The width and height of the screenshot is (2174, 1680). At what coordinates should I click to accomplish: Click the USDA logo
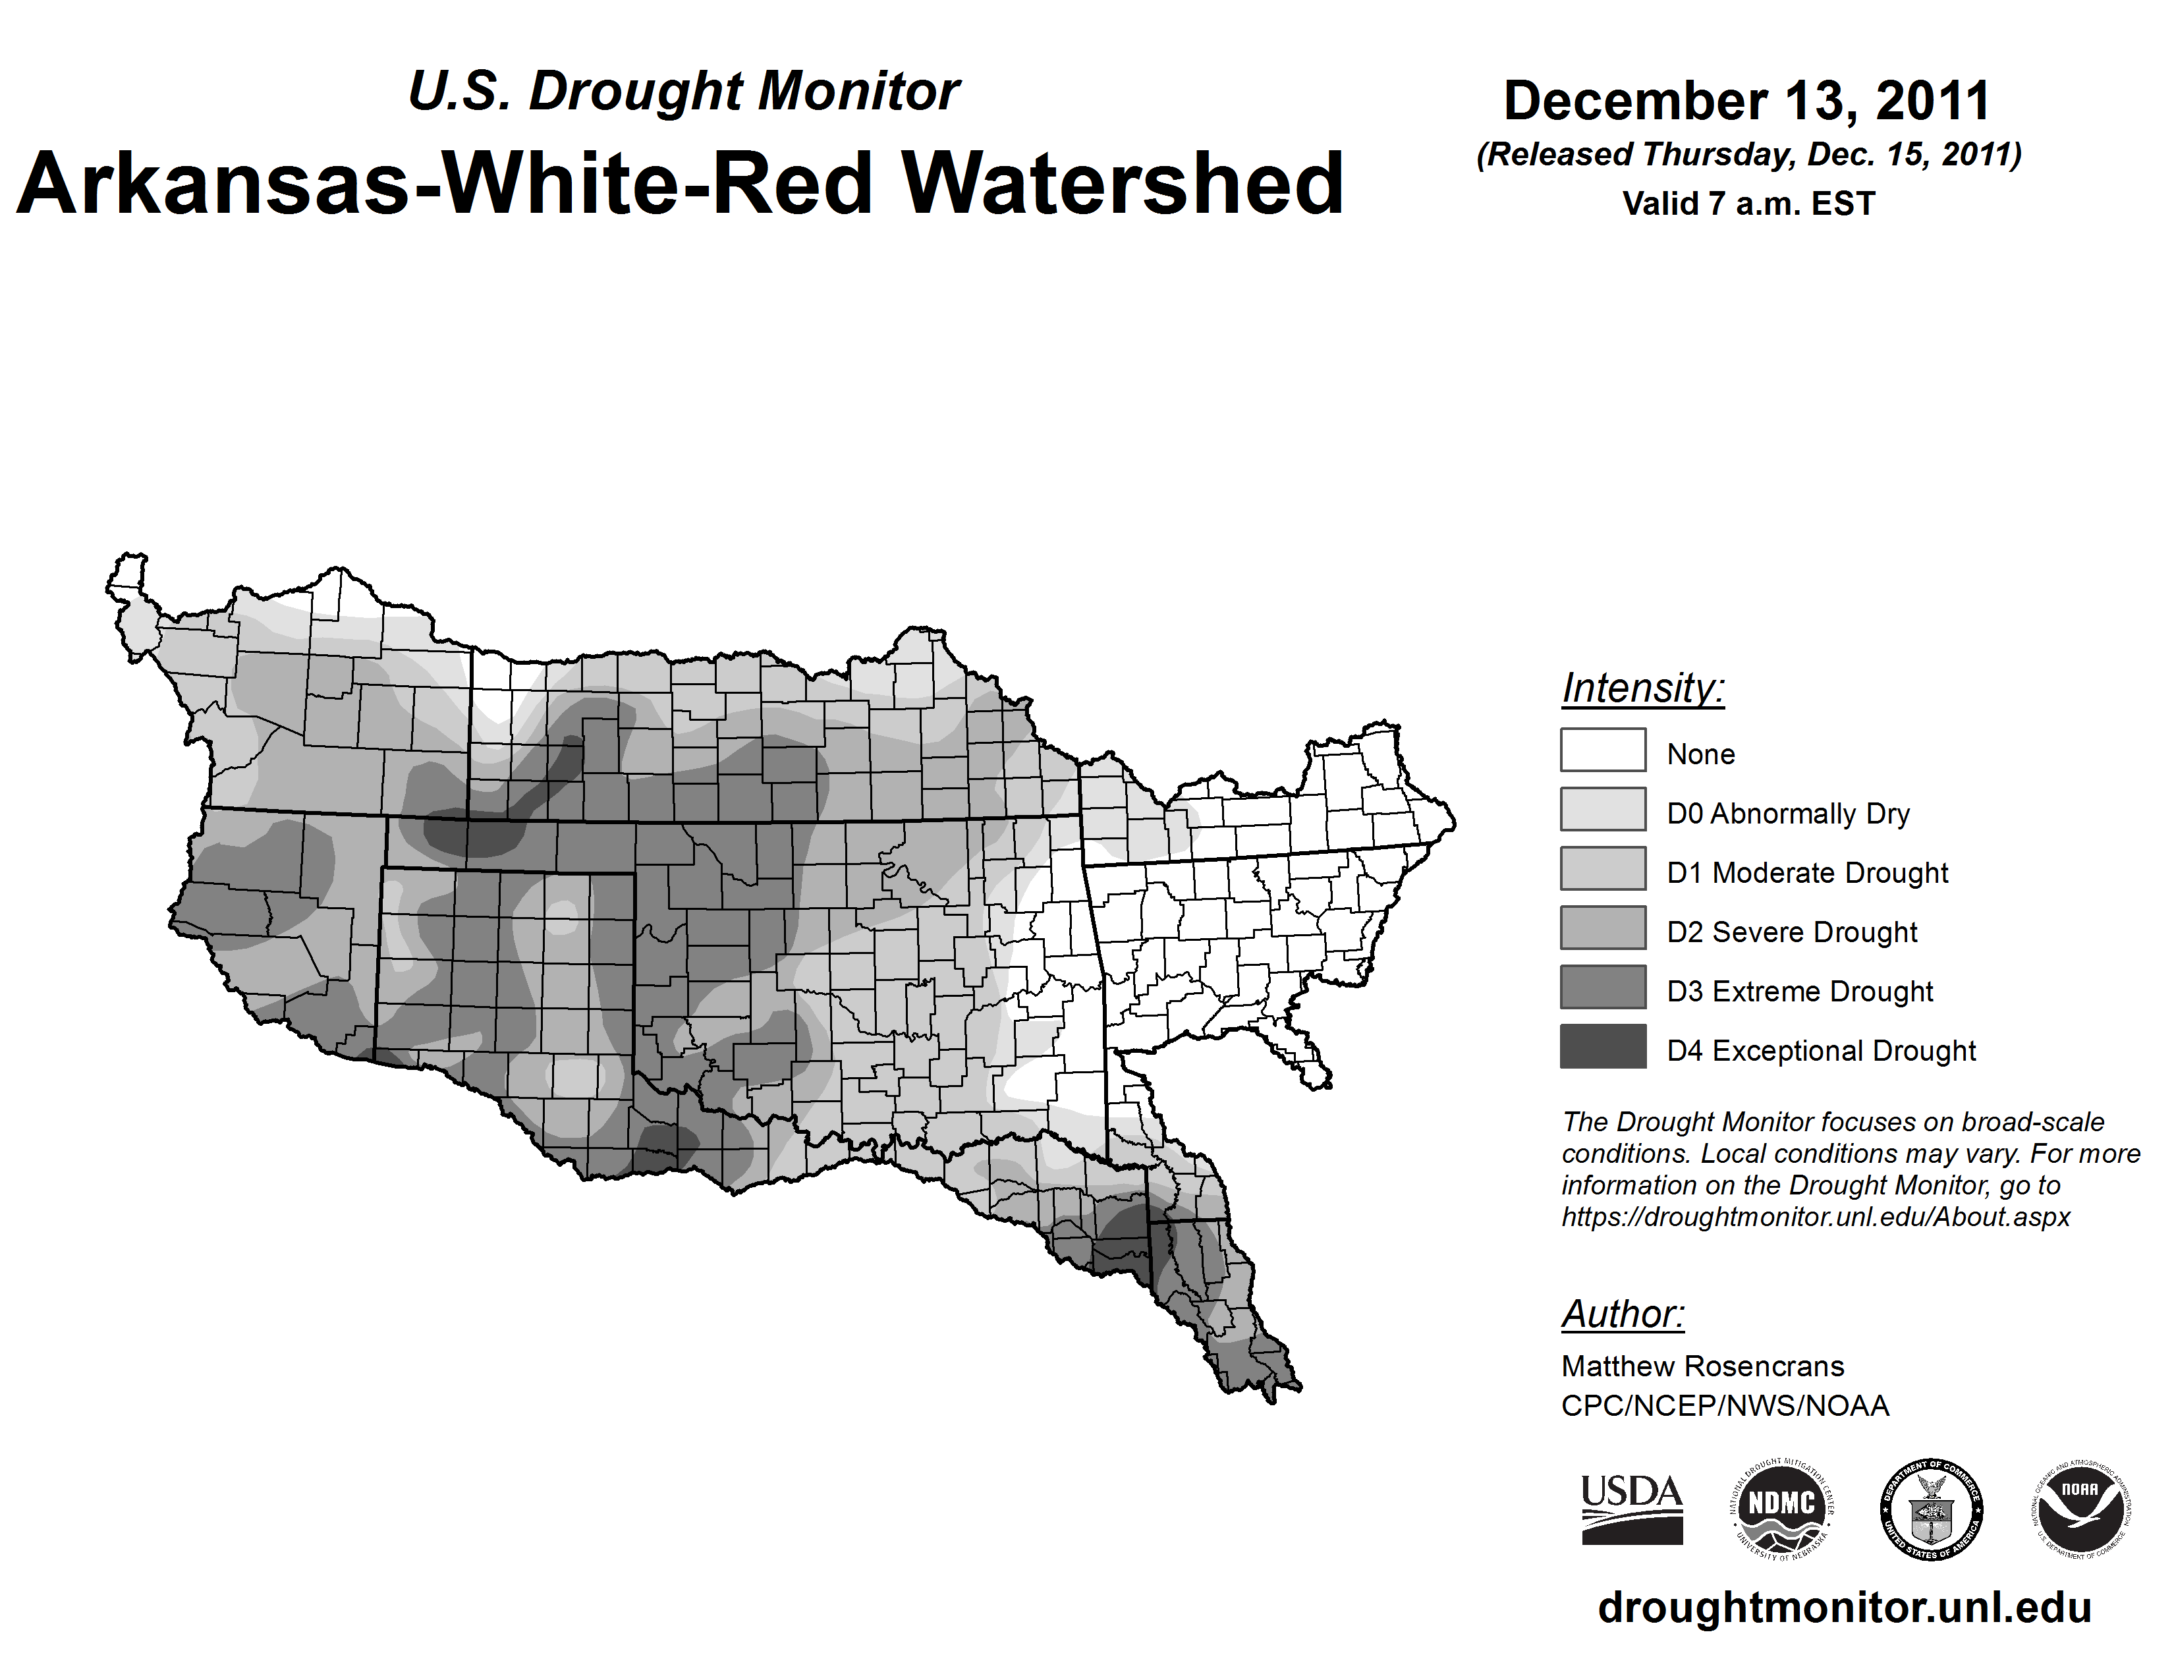click(x=1632, y=1510)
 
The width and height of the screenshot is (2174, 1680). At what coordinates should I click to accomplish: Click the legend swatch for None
click(x=1603, y=750)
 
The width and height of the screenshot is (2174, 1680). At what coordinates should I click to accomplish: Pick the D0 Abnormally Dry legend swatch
click(x=1603, y=809)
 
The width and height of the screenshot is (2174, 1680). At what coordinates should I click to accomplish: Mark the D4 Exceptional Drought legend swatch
click(x=1603, y=1046)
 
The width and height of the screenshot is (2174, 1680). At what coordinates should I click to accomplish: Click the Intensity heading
click(x=1642, y=688)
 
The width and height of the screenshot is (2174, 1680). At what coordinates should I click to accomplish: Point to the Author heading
click(x=1623, y=1314)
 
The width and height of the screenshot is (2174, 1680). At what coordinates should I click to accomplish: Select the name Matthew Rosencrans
click(x=1702, y=1366)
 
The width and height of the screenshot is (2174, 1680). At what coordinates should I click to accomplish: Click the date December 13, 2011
click(x=1747, y=101)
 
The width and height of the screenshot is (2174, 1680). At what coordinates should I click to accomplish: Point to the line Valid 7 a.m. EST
click(x=1748, y=204)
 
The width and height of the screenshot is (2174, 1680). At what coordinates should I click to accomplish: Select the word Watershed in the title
click(x=1123, y=183)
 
